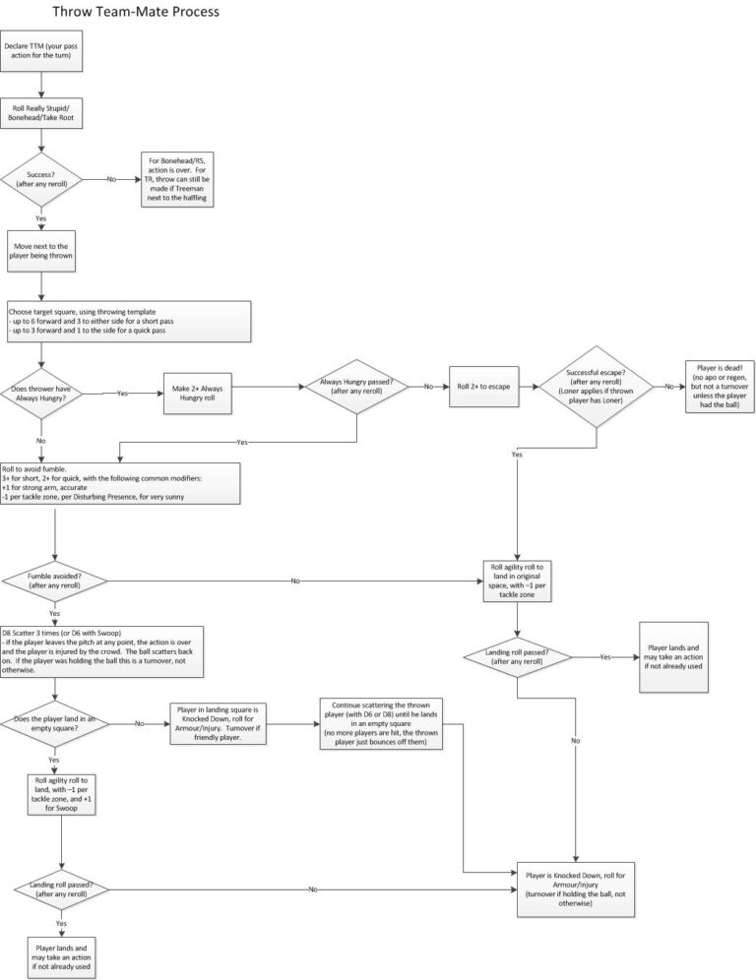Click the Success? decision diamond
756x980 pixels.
(41, 179)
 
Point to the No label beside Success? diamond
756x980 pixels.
(110, 179)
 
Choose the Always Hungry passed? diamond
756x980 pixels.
(356, 387)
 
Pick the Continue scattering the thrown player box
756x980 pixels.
(381, 724)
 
